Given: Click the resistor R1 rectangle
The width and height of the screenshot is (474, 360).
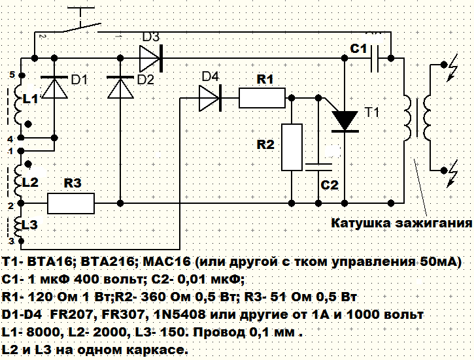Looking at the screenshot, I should click(x=262, y=99).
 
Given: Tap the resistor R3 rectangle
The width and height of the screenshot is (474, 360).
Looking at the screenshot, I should click(x=72, y=203).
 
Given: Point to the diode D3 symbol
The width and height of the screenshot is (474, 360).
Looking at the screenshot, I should click(x=150, y=58).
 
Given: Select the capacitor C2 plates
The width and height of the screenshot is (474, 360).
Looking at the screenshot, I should click(x=318, y=165).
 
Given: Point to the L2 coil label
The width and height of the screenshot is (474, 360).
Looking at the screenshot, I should click(x=31, y=181).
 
